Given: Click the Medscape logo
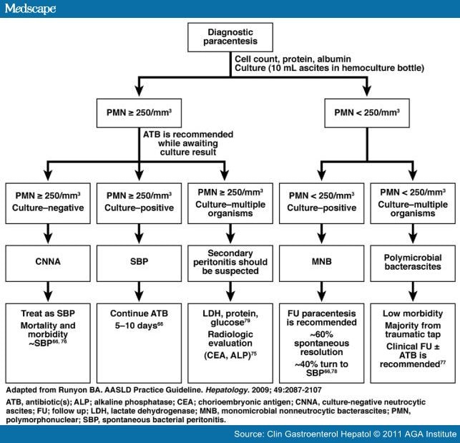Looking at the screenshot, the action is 30,9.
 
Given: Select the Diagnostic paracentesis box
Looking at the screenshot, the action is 230,37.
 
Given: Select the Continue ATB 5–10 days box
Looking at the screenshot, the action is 139,344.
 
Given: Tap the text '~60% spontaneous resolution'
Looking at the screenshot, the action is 321,344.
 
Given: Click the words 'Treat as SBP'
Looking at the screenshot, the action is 48,313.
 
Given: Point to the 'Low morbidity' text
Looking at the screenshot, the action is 413,313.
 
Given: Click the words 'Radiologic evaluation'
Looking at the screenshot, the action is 230,339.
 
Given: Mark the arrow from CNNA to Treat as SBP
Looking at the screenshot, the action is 48,292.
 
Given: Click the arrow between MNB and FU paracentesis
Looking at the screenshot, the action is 321,292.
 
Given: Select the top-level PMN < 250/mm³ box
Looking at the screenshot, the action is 367,113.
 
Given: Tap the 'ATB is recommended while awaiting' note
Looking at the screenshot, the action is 188,139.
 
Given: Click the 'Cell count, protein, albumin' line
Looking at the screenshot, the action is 293,59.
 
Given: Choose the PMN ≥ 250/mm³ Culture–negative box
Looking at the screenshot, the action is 48,203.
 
